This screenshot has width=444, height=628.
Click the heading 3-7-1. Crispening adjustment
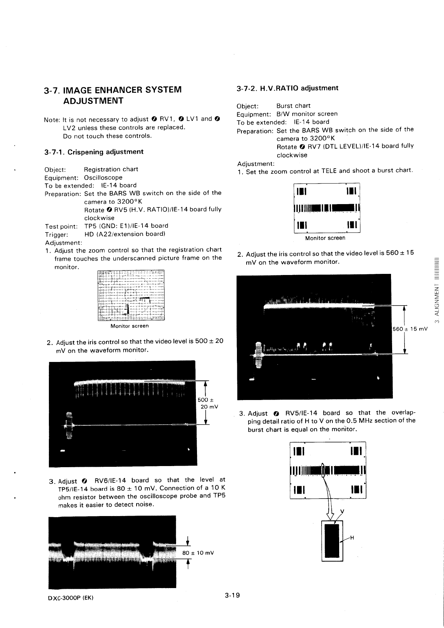pyautogui.click(x=93, y=152)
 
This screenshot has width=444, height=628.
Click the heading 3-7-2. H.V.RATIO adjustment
pyautogui.click(x=287, y=88)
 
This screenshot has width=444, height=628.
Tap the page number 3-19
pyautogui.click(x=232, y=595)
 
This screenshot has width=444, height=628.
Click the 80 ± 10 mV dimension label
pyautogui.click(x=198, y=553)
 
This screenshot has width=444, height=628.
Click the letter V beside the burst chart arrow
pyautogui.click(x=343, y=511)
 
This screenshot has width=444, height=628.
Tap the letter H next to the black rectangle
pyautogui.click(x=351, y=538)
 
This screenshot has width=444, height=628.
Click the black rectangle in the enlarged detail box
pyautogui.click(x=332, y=541)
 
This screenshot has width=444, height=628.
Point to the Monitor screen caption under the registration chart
pyautogui.click(x=129, y=326)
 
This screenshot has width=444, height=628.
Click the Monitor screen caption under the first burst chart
pyautogui.click(x=325, y=238)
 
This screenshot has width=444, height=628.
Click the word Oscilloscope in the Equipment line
pyautogui.click(x=103, y=178)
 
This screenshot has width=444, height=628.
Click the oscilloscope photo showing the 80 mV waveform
pyautogui.click(x=112, y=552)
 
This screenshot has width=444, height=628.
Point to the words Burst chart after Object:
pyautogui.click(x=293, y=106)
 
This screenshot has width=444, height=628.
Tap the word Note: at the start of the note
pyautogui.click(x=52, y=120)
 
